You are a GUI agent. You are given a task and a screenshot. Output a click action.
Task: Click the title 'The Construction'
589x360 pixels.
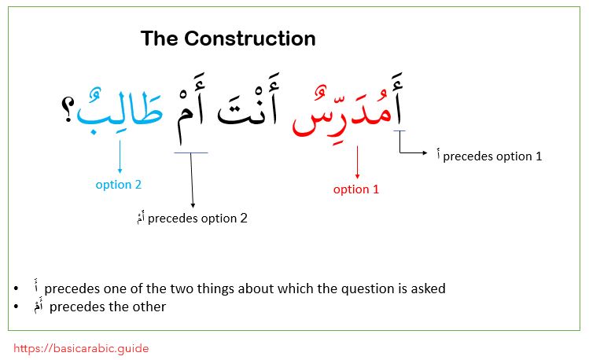coord(228,39)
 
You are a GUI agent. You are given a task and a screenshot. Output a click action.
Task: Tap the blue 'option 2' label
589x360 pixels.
coord(119,185)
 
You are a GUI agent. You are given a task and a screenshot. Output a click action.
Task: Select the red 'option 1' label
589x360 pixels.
coord(356,189)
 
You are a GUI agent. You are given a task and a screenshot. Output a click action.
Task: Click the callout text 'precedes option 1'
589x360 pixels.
coord(492,156)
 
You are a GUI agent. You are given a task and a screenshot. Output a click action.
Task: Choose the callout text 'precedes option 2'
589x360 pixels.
coord(197,219)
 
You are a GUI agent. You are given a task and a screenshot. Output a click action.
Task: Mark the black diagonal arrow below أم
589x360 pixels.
coord(191,181)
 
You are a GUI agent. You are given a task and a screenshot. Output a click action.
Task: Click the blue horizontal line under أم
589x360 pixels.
coord(191,153)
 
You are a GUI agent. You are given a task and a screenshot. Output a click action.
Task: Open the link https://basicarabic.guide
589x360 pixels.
coord(81,347)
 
